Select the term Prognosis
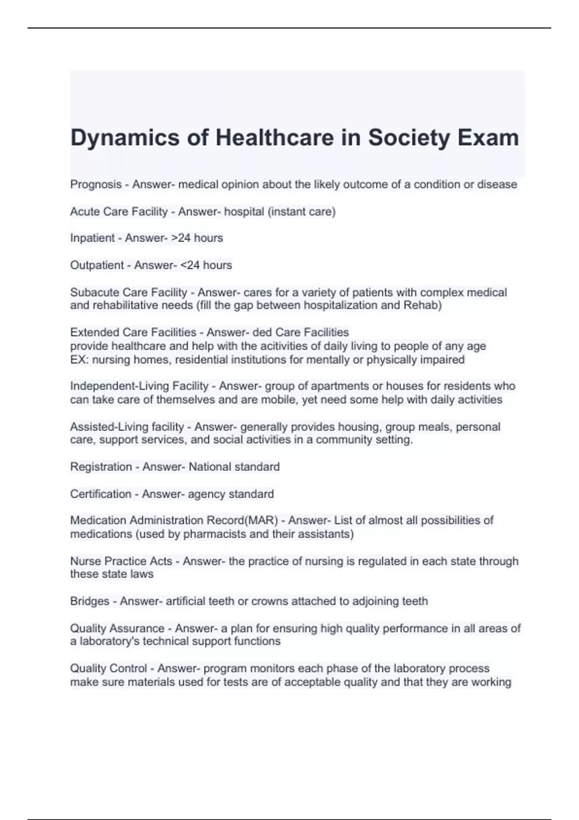(96, 185)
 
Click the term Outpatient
(97, 265)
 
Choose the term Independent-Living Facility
(139, 386)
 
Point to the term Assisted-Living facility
(127, 427)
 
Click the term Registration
(101, 467)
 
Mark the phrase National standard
(234, 467)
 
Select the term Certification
(100, 494)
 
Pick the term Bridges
(90, 601)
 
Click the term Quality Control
(109, 669)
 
